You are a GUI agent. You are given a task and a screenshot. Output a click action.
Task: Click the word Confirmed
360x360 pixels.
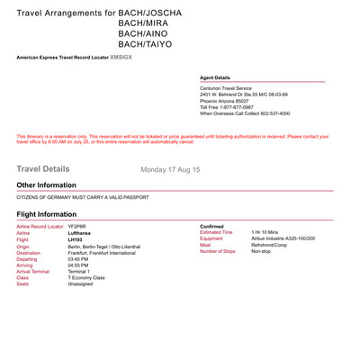click(212, 226)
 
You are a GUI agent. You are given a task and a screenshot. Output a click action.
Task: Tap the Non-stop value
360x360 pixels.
click(261, 252)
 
